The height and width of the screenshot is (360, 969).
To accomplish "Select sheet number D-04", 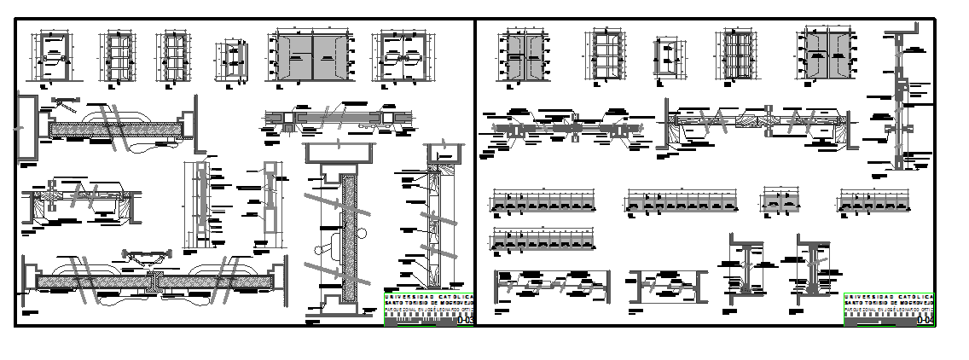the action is [x=925, y=321].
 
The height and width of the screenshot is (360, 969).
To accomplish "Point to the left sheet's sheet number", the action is [x=466, y=321].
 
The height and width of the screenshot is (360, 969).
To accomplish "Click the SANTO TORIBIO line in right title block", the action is [x=888, y=304].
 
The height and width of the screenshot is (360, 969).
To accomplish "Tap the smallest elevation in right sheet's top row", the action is [x=667, y=62].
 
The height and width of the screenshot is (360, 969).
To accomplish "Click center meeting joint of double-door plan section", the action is [x=154, y=281].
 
